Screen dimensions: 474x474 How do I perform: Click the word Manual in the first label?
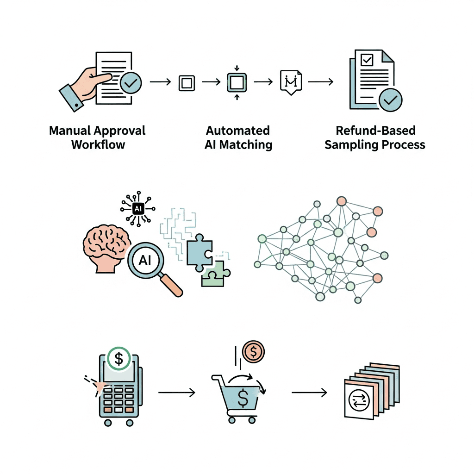[69, 131]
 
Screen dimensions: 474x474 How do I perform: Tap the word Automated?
[238, 131]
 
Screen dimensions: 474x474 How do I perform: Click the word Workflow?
[98, 145]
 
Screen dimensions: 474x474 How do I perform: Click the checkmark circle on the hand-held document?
[131, 82]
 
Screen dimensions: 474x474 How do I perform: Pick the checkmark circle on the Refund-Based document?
[390, 100]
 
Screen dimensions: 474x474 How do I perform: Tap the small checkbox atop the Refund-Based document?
[367, 60]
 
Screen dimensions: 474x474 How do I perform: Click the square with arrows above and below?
[237, 82]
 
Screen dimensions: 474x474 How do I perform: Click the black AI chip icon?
[138, 209]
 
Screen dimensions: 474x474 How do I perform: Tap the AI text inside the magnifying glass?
[145, 260]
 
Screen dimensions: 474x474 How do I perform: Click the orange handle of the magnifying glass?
[171, 285]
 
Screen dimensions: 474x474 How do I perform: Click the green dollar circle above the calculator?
[119, 359]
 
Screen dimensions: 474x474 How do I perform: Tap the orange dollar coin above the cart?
[253, 352]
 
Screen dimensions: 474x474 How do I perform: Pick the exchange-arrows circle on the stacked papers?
[359, 401]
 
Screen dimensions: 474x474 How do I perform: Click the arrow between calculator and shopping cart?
[177, 393]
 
